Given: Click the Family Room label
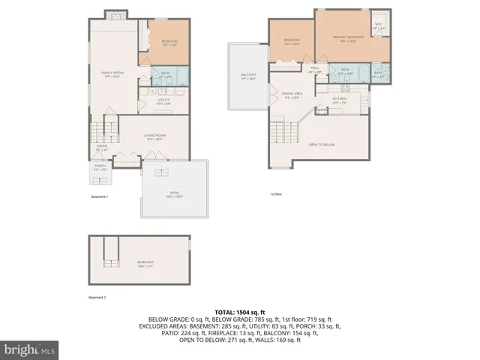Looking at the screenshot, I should tap(112, 73).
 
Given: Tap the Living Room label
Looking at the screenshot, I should tap(155, 136).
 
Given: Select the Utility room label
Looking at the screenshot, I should tap(163, 100).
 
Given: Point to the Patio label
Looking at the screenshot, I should tap(174, 193).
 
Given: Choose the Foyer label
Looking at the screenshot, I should tap(100, 148).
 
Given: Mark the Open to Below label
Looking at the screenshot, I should tap(321, 144).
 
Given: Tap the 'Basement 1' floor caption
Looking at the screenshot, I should tap(100, 196).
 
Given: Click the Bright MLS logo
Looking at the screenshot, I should tap(30, 349).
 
